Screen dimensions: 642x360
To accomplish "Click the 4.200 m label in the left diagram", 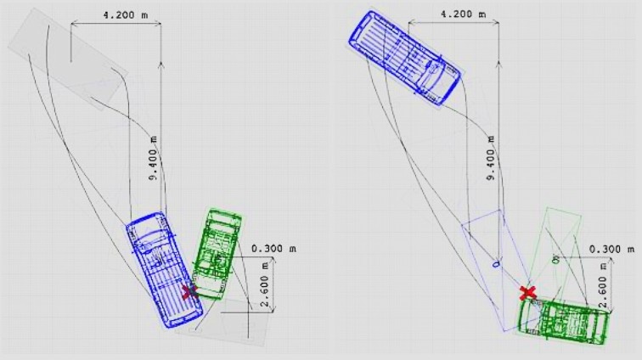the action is tap(126, 15).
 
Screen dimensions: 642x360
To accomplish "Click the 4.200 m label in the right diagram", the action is tap(463, 14).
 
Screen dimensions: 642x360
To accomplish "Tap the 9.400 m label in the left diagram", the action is tap(153, 158).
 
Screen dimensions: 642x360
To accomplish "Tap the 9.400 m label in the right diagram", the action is tap(492, 158).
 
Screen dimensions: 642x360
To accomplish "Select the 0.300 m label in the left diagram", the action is tap(273, 249).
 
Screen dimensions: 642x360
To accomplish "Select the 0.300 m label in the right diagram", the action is tap(611, 249).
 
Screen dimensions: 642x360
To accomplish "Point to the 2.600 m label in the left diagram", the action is tap(265, 284).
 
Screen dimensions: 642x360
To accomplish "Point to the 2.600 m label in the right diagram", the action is tap(603, 285).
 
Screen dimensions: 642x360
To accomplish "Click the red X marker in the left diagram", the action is tap(189, 291).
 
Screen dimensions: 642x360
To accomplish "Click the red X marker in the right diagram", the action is tap(527, 293).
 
